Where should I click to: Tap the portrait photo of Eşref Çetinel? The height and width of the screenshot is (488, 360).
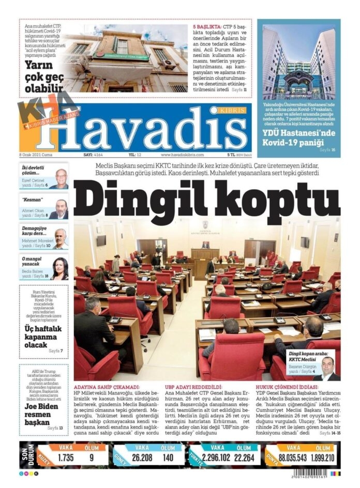point(61,179)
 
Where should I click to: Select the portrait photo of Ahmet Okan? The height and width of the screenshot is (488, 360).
point(61,209)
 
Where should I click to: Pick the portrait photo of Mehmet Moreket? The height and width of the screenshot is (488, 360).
point(61,238)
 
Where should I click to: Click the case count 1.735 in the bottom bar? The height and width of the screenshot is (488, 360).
point(66,457)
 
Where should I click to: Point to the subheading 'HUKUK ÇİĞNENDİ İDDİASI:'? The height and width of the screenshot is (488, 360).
point(285,387)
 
